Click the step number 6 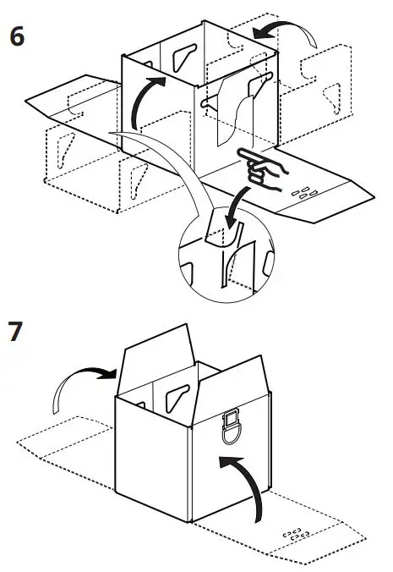click(17, 39)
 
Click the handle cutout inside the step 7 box click(178, 394)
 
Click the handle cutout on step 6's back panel click(182, 57)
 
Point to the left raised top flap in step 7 click(156, 355)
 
